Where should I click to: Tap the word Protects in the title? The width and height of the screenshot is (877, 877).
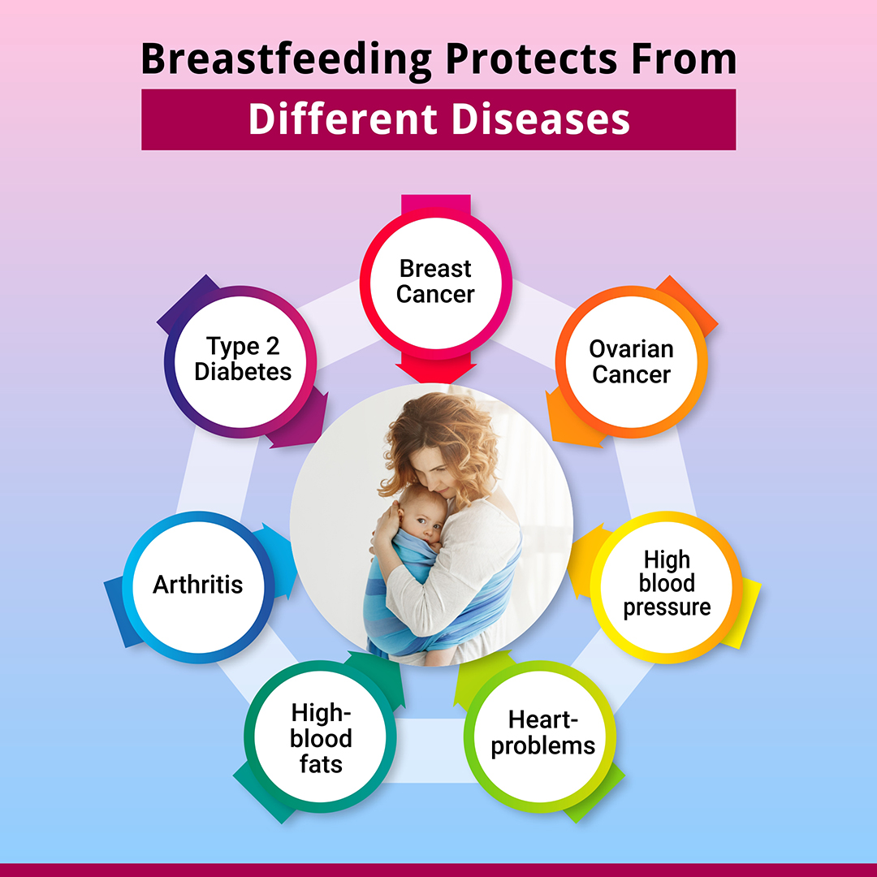[x=531, y=58]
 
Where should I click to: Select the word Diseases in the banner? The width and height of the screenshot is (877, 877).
[x=540, y=119]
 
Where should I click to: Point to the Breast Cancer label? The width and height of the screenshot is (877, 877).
[x=435, y=281]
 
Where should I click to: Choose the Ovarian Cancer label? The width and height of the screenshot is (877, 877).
[x=632, y=362]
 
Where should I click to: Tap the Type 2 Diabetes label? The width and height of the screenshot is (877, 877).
[x=243, y=359]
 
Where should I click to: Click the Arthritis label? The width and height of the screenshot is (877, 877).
[x=198, y=585]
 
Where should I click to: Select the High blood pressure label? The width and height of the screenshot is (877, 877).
[x=667, y=583]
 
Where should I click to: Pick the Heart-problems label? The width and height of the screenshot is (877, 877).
[x=543, y=732]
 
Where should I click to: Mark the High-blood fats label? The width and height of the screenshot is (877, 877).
[x=321, y=738]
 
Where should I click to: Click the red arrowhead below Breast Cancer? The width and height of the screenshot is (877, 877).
[x=436, y=372]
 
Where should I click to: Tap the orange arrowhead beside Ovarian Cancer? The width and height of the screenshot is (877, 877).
[x=571, y=420]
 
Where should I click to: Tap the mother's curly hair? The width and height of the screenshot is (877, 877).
[x=442, y=442]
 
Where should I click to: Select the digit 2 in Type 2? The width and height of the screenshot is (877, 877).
[x=272, y=346]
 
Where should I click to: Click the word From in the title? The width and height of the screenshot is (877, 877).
[x=684, y=58]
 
